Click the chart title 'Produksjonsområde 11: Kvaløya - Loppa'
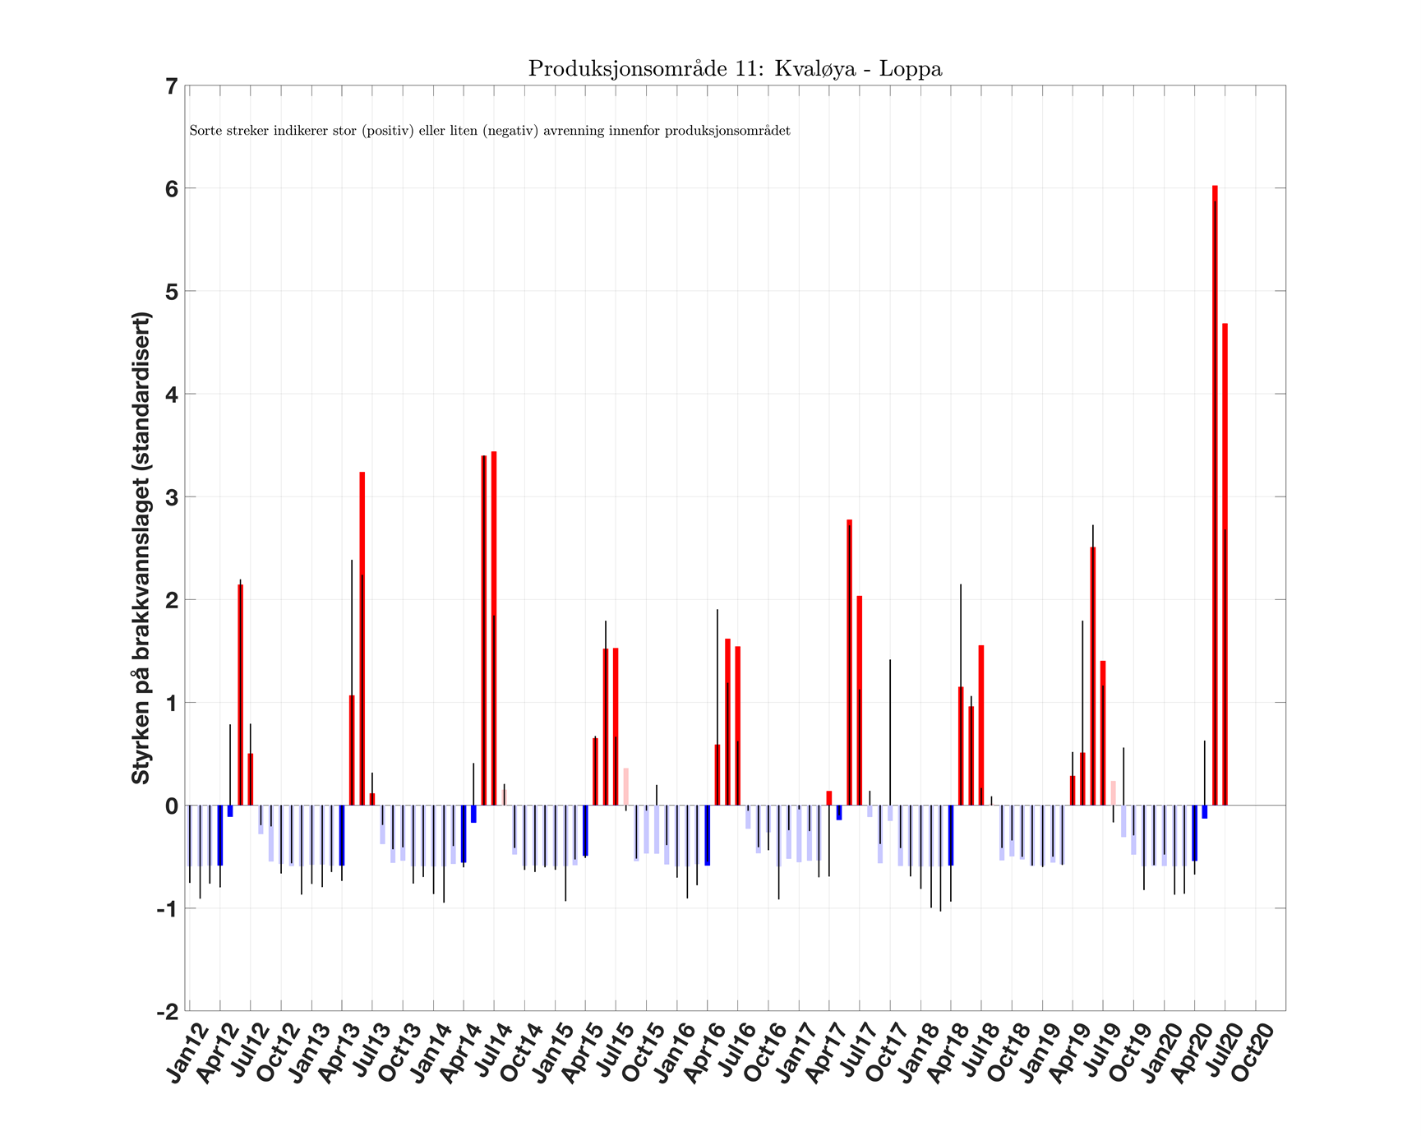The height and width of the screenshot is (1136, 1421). click(x=735, y=69)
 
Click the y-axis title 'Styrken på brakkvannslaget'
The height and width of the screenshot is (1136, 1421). click(x=141, y=548)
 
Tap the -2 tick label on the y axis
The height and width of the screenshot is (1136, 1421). click(x=168, y=1011)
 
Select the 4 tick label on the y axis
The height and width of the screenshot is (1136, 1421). click(x=171, y=395)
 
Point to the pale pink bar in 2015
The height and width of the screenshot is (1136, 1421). click(x=626, y=787)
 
